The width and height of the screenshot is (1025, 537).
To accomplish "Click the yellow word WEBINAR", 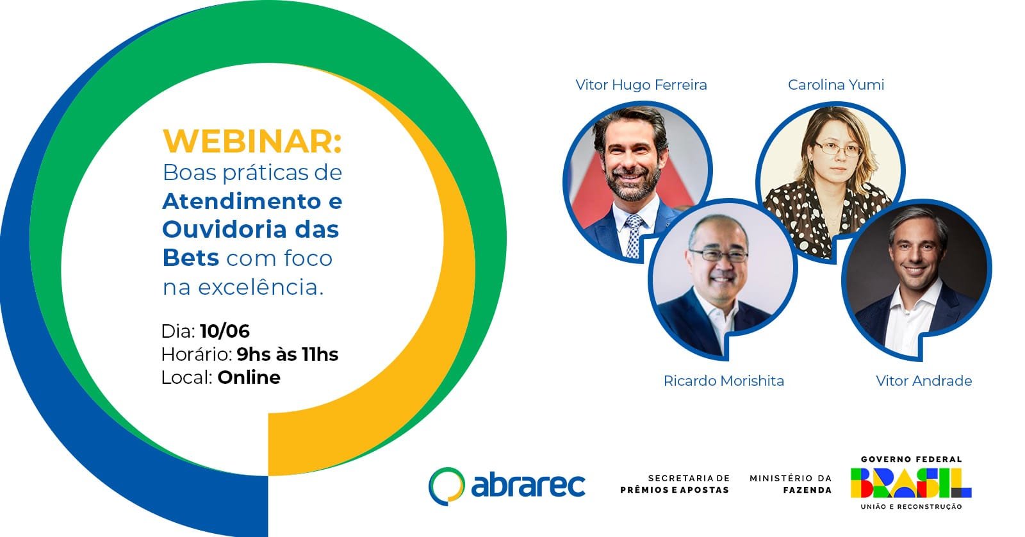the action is (252, 142).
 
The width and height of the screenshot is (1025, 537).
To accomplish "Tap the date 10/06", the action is (225, 331).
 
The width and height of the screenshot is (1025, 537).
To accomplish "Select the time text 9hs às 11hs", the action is (288, 354).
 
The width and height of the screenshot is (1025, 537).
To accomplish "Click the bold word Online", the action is (249, 377).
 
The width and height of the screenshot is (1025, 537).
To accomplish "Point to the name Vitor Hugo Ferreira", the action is (641, 85).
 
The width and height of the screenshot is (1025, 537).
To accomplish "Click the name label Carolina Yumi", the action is (835, 85).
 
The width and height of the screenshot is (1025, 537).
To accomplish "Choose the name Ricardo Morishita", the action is (723, 381).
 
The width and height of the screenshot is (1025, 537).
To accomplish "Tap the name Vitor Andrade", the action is (923, 381).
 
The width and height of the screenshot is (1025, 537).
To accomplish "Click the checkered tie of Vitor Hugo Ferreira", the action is (634, 235).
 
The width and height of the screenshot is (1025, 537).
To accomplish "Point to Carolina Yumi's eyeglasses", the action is (837, 148).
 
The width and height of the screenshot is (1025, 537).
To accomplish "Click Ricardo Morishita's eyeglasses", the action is (719, 255).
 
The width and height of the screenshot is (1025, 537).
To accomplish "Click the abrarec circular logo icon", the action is (446, 486).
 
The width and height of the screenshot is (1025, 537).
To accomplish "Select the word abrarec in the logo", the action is (528, 484).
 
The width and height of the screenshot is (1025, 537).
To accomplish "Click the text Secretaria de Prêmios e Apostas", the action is (675, 484).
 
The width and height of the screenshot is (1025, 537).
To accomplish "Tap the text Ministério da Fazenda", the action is (791, 484).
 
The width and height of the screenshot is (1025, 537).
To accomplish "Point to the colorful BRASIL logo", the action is (910, 483).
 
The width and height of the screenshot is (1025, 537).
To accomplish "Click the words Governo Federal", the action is (911, 459).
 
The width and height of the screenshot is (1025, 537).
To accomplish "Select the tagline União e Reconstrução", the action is (911, 506).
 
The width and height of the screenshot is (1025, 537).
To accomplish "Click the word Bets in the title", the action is (191, 258).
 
